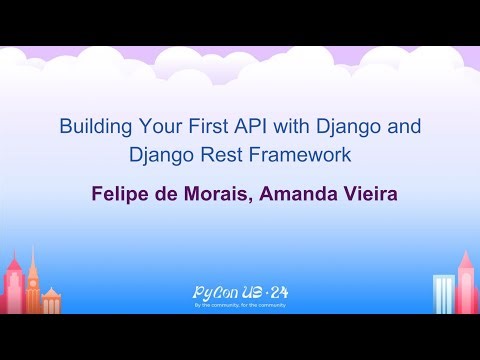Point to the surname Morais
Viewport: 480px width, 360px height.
[x=212, y=193]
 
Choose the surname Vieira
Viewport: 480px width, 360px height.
[x=369, y=193]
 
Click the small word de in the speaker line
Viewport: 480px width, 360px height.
[x=164, y=193]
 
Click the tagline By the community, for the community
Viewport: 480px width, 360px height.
[x=240, y=306]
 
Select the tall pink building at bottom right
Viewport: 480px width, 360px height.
[x=466, y=280]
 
